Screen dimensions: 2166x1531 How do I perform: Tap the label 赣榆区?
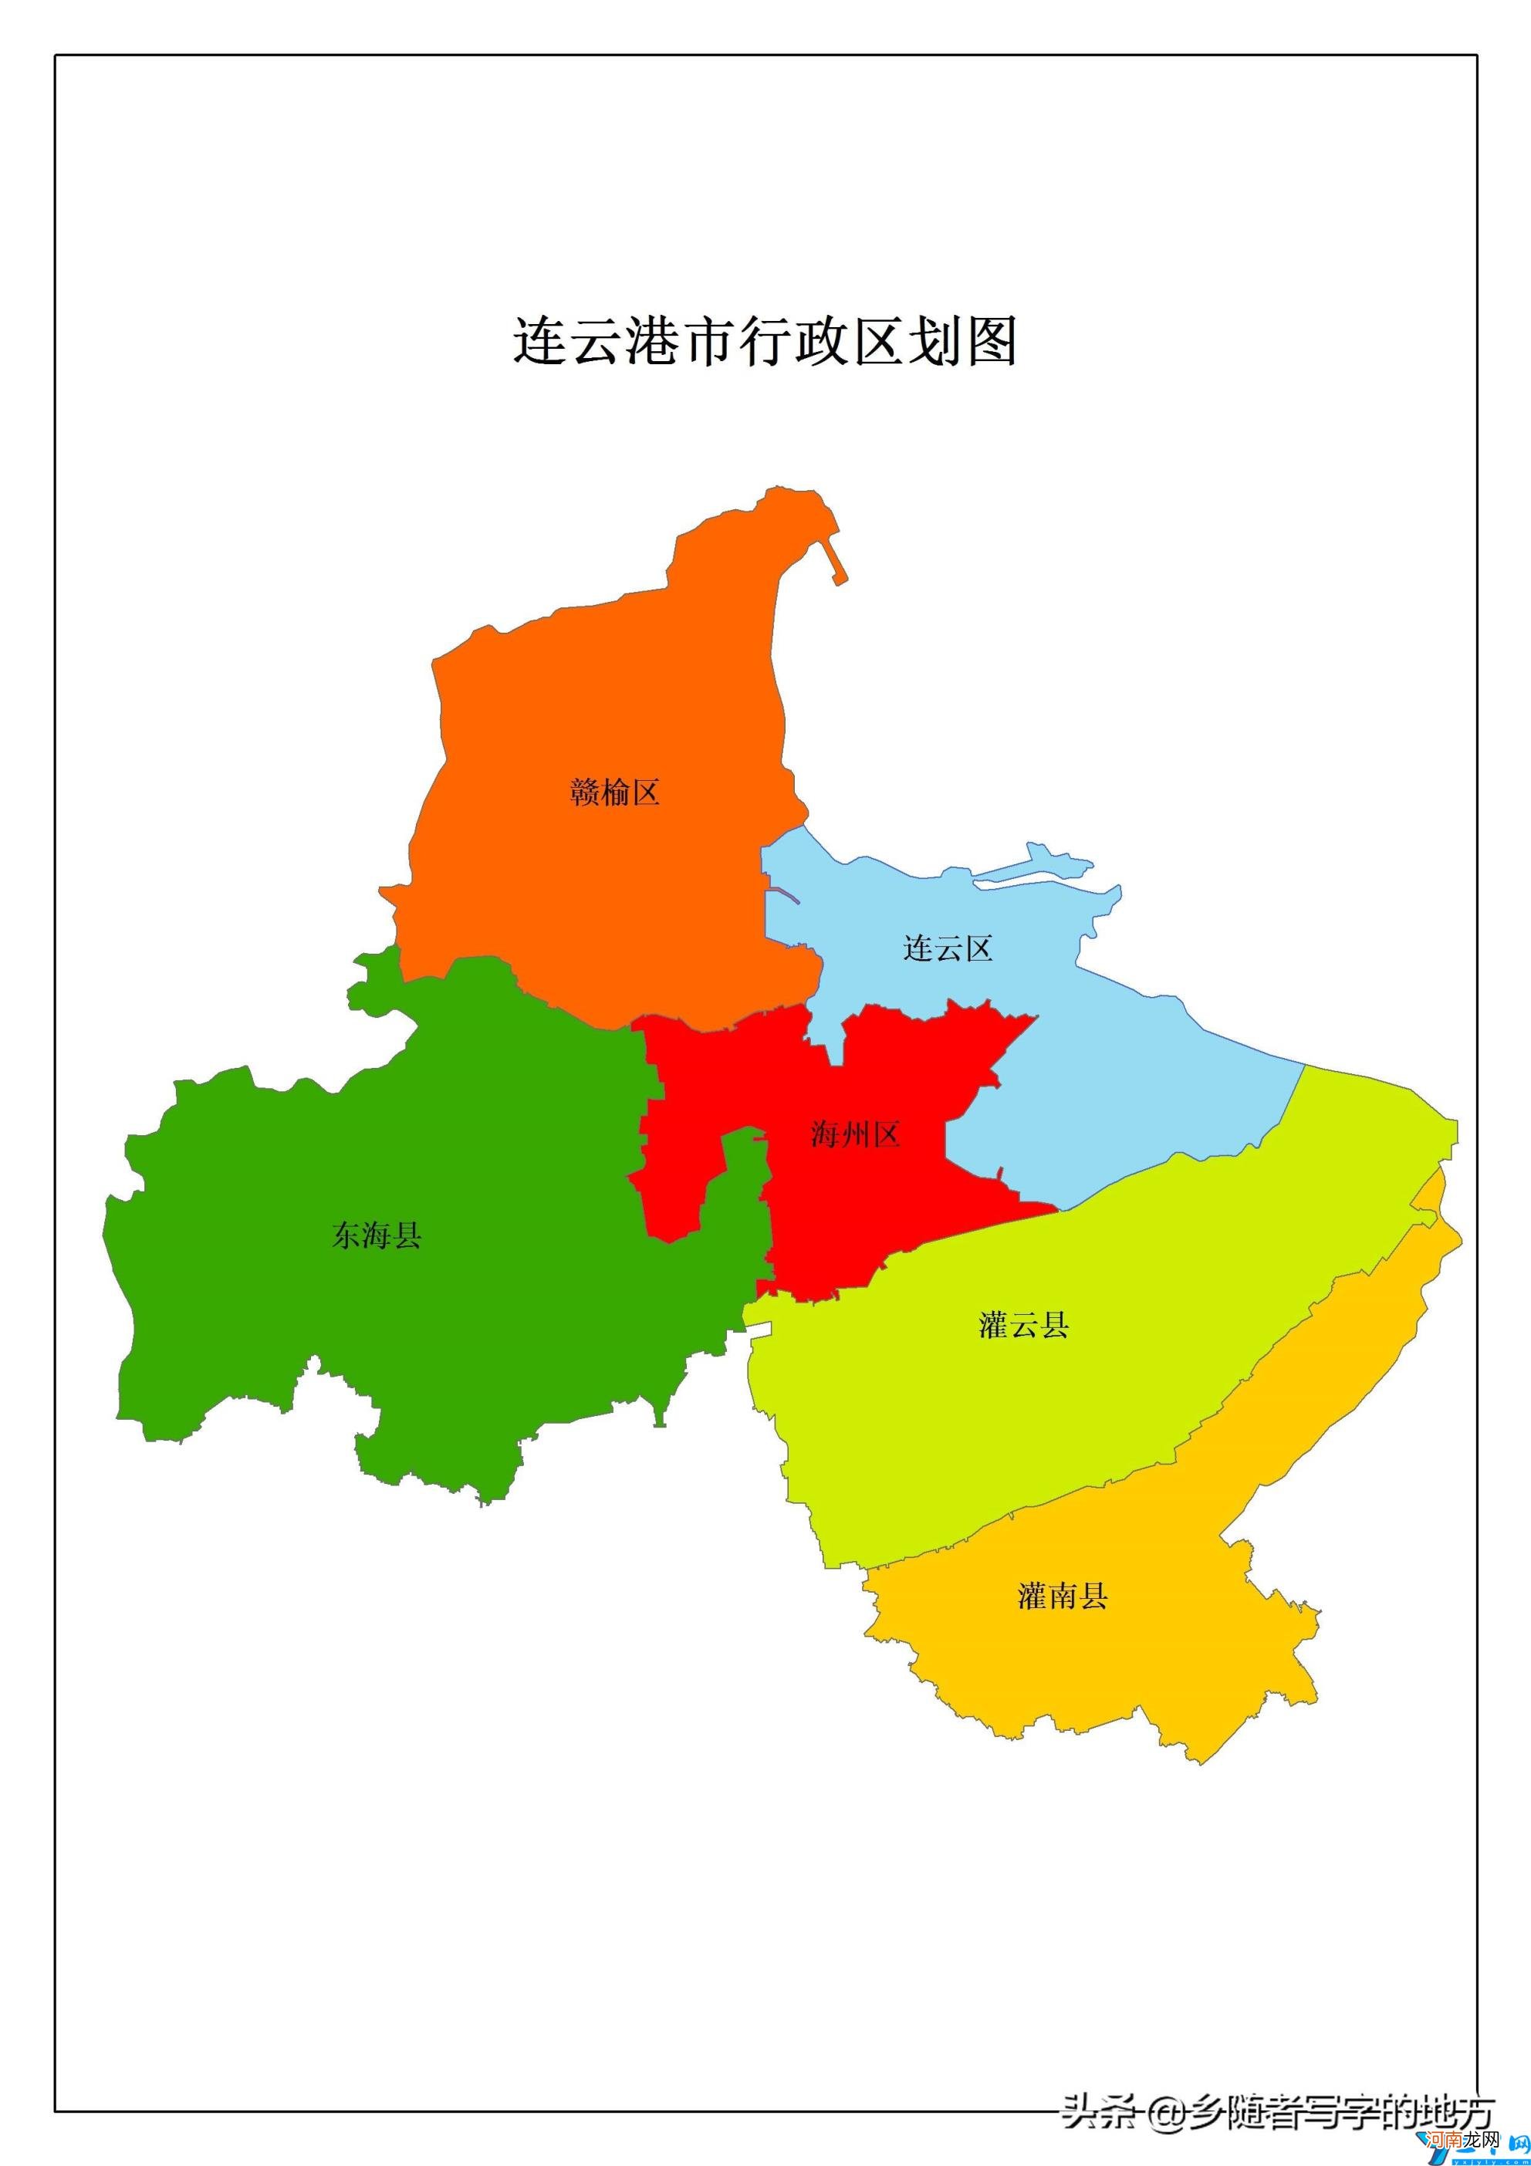(x=614, y=792)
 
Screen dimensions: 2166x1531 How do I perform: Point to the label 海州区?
(x=855, y=1134)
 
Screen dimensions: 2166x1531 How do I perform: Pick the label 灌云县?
(x=1023, y=1326)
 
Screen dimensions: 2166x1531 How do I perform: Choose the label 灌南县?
(x=1062, y=1597)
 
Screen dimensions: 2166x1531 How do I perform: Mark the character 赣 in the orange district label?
(x=585, y=792)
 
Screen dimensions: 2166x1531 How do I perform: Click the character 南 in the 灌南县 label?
(x=1062, y=1597)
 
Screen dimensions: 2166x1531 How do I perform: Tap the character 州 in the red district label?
(x=855, y=1134)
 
